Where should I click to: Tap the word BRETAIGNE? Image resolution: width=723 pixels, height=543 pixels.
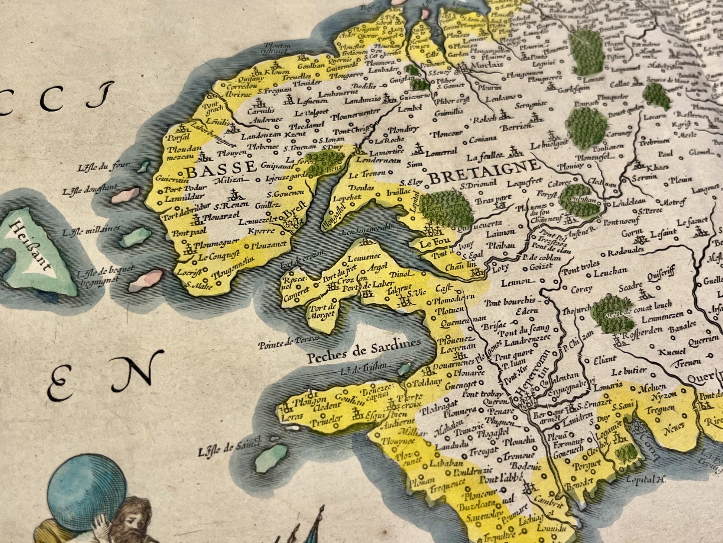click(x=484, y=172)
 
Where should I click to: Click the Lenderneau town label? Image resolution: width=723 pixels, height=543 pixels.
click(x=379, y=160)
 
